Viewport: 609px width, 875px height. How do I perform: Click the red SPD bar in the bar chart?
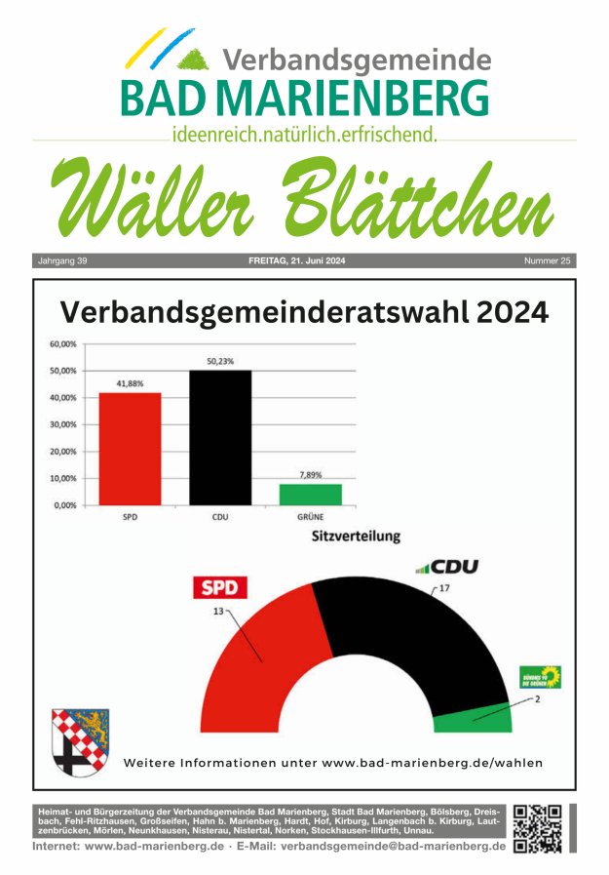[130, 449]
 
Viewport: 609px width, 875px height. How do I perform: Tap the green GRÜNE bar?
[311, 495]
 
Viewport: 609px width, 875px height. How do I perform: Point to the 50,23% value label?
[220, 361]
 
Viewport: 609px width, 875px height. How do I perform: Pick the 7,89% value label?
[312, 474]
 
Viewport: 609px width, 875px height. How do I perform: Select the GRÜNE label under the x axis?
[310, 517]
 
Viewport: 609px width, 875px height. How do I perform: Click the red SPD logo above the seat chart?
[218, 587]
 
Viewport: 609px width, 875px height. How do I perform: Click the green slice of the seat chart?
[473, 718]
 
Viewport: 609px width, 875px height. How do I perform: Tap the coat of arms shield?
[80, 741]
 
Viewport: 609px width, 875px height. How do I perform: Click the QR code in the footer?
[537, 827]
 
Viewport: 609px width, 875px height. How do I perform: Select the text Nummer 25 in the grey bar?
[547, 261]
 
